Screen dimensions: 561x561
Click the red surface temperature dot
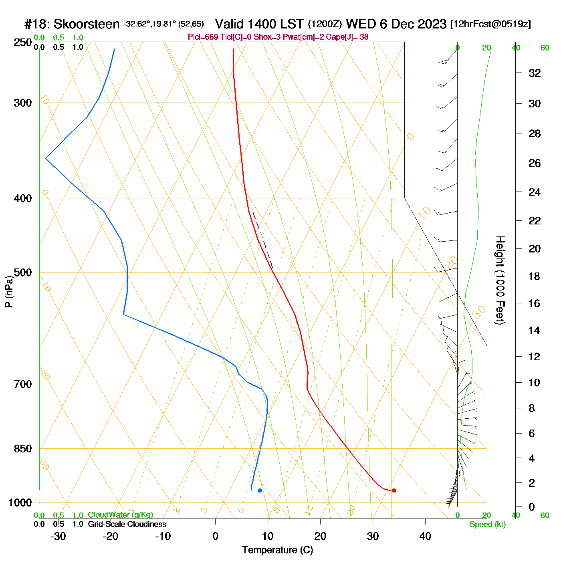(394, 490)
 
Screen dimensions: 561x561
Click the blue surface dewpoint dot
(260, 490)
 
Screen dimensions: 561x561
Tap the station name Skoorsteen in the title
(86, 24)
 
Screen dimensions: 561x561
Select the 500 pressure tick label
(23, 272)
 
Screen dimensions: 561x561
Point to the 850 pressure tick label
(23, 449)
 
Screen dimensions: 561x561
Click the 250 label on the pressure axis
(23, 42)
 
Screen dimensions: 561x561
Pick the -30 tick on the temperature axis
(58, 536)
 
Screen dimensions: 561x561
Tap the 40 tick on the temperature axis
(425, 536)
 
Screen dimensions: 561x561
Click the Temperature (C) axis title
(277, 550)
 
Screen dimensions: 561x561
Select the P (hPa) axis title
(9, 291)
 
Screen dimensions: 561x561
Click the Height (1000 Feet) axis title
(500, 280)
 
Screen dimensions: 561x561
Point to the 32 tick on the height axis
(535, 73)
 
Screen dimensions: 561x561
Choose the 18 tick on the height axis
(535, 276)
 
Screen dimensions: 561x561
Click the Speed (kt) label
(488, 525)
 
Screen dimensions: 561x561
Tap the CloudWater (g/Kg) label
(120, 515)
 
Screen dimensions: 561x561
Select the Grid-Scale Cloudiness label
(127, 524)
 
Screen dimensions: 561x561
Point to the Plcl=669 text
(203, 37)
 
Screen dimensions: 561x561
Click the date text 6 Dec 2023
(413, 24)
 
